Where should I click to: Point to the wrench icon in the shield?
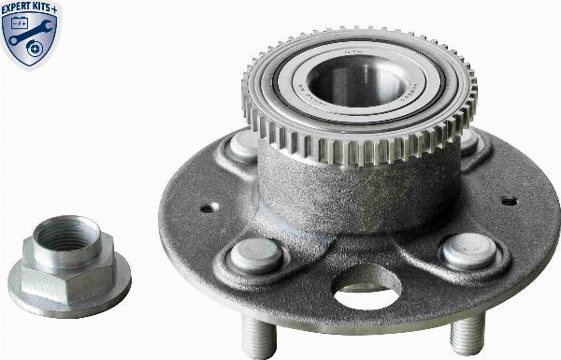[31, 39]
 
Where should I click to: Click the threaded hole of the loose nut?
[65, 234]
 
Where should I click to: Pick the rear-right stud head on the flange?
[467, 142]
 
